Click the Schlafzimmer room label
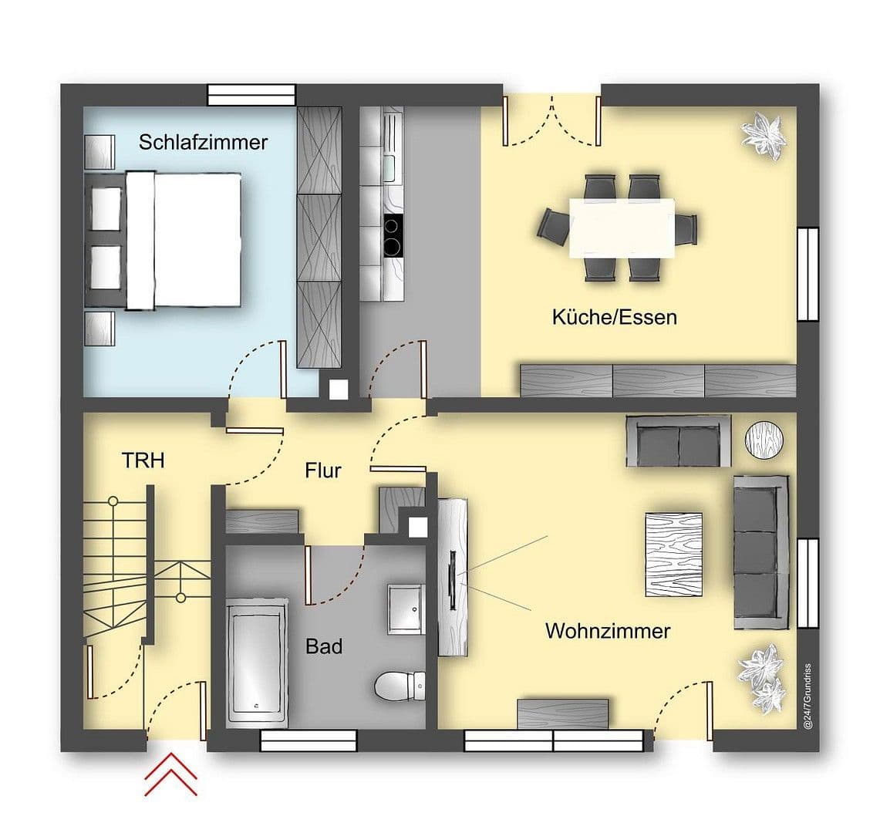point(203,142)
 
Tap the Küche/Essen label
point(614,317)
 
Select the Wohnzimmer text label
point(608,631)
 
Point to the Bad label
point(324,646)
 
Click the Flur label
point(322,470)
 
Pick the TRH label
point(143,460)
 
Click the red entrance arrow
point(170,775)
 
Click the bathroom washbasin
point(406,609)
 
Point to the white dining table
point(622,228)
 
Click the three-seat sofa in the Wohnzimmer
point(760,551)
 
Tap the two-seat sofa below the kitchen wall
point(678,441)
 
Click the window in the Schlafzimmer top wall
point(252,95)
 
